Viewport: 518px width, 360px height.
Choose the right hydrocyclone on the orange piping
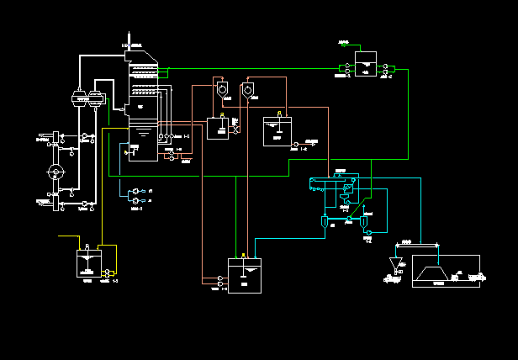click(x=248, y=88)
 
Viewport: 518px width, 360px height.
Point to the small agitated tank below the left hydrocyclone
click(x=218, y=128)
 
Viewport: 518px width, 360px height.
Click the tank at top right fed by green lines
click(x=365, y=65)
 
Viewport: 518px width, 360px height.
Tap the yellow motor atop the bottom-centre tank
click(x=244, y=256)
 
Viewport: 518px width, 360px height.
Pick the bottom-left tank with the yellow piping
click(x=87, y=263)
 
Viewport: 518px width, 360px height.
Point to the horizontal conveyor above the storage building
click(x=418, y=245)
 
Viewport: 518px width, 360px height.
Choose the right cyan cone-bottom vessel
click(x=363, y=222)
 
